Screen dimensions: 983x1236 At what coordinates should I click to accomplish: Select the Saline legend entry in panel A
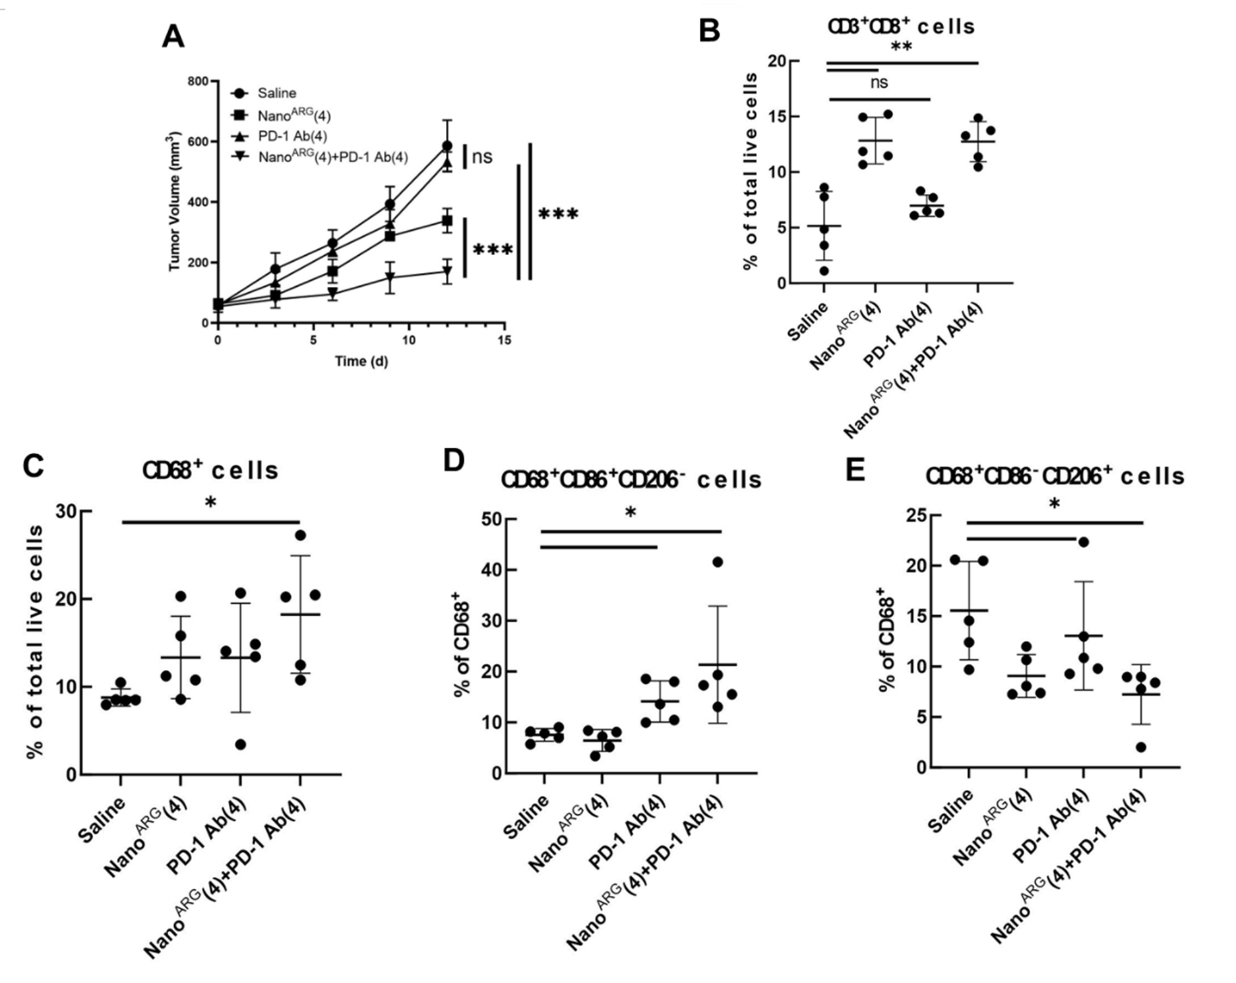pos(276,94)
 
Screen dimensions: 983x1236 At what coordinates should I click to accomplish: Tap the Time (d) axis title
pos(361,361)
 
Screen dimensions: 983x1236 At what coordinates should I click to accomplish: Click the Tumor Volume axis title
pos(175,202)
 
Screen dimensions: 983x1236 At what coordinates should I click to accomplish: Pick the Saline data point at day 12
pos(447,146)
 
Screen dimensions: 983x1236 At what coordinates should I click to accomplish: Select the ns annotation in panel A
pos(482,157)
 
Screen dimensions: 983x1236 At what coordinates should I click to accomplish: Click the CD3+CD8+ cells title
pos(901,27)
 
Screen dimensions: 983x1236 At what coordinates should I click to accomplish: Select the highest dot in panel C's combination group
pos(301,535)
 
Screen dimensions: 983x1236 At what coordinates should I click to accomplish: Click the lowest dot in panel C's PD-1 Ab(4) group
pos(241,744)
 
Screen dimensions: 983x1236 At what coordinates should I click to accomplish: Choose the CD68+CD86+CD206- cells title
pos(631,480)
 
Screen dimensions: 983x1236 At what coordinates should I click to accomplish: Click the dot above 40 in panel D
pos(718,562)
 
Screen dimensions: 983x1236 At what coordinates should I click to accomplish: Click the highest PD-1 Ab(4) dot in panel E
pos(1082,542)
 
